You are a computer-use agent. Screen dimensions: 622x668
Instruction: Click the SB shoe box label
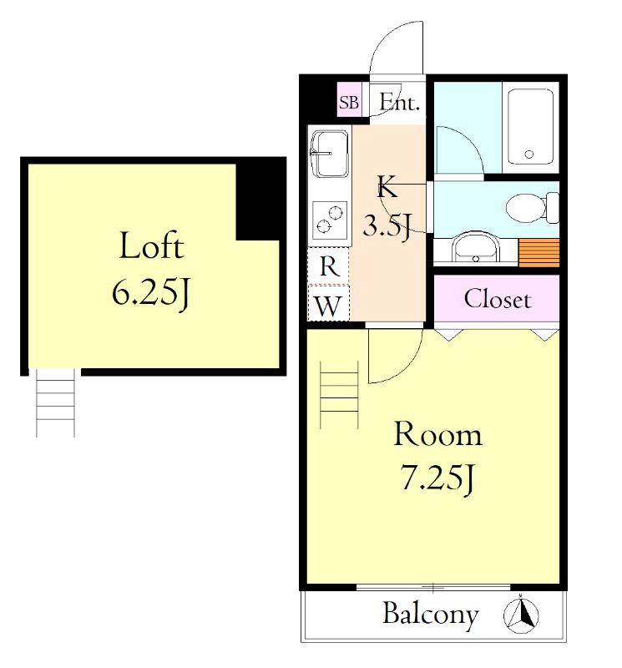pos(348,102)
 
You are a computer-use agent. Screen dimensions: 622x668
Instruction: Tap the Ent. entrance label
pos(399,102)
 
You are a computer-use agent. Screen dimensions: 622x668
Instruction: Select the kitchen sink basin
pos(330,154)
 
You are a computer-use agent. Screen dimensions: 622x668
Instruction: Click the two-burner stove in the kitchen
pos(330,220)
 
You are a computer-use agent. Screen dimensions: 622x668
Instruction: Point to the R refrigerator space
pos(328,266)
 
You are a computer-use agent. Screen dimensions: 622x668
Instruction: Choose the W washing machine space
pos(328,304)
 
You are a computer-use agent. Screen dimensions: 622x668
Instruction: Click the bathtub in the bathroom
pos(530,127)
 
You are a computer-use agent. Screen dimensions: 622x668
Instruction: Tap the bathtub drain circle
pos(529,154)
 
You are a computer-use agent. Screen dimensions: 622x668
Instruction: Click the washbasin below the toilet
pos(475,247)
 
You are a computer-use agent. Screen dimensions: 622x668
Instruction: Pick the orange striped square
pos(539,253)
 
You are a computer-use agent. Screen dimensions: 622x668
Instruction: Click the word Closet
pos(497,299)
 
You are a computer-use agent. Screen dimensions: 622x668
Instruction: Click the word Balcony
pos(430,615)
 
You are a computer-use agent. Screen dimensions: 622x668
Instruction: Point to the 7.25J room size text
pos(437,478)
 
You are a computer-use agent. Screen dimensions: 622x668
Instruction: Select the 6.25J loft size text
pos(150,293)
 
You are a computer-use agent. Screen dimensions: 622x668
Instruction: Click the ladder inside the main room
pos(339,394)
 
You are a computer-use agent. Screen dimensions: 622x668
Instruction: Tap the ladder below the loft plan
pos(55,402)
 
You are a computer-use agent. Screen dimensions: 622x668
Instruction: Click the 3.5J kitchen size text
pos(387,225)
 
